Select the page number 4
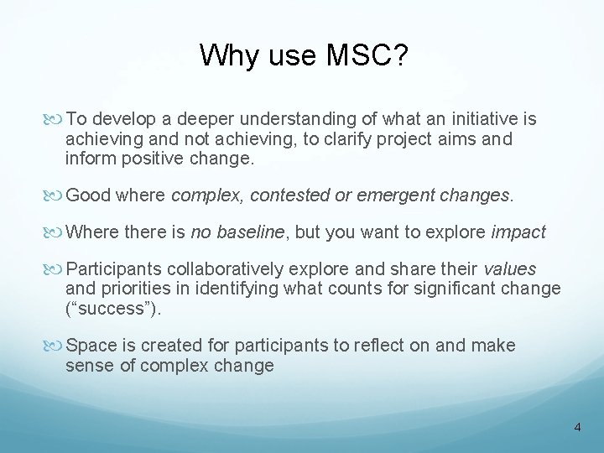click(577, 428)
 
